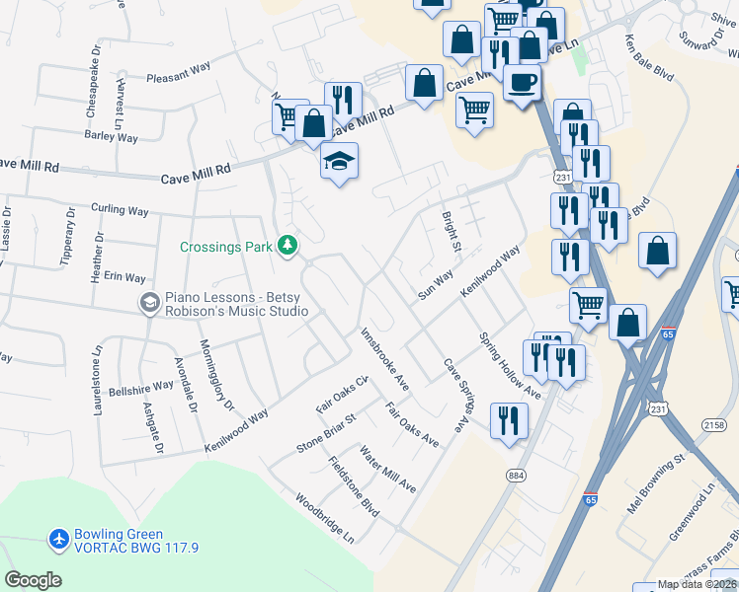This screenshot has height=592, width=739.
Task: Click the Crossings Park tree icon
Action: pyautogui.click(x=287, y=244)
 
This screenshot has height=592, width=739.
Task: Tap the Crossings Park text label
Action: pyautogui.click(x=225, y=247)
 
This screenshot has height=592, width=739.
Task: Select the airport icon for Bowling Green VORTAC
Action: pyautogui.click(x=59, y=540)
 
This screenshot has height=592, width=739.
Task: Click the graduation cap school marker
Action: pyautogui.click(x=339, y=160)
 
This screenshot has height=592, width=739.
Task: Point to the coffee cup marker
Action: pyautogui.click(x=522, y=82)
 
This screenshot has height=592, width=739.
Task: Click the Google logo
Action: pyautogui.click(x=33, y=580)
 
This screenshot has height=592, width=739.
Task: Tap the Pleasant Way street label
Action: pyautogui.click(x=179, y=71)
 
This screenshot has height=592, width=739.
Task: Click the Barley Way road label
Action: pyautogui.click(x=112, y=136)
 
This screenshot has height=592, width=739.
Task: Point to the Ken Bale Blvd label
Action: pyautogui.click(x=649, y=59)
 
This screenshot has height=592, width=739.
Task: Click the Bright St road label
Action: pyautogui.click(x=452, y=231)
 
